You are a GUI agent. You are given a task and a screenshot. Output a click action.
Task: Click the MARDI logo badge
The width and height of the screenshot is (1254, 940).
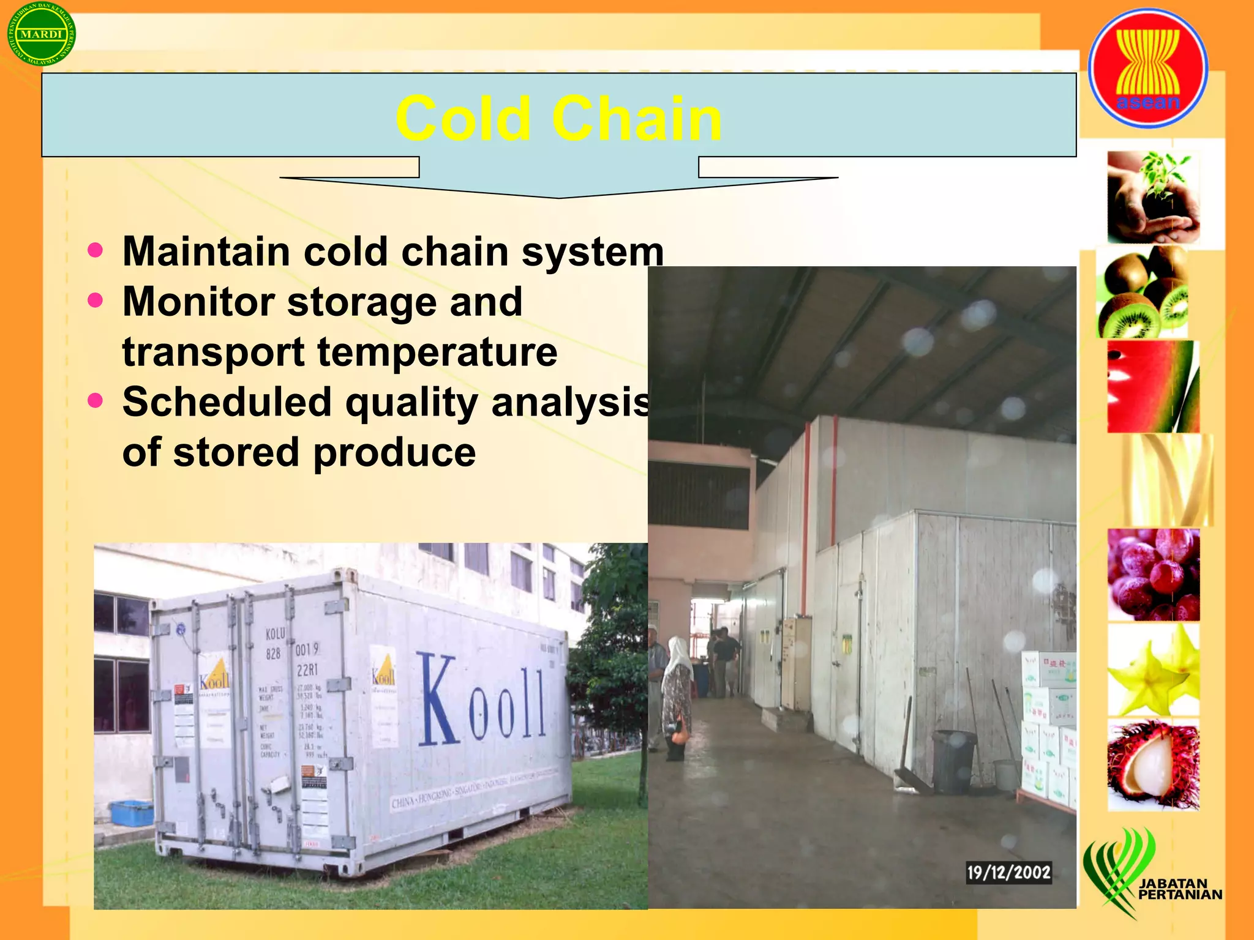42,34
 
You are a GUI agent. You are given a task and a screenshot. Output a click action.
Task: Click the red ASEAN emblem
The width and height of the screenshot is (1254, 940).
1148,67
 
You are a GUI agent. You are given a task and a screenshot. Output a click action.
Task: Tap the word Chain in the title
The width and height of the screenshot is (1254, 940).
637,119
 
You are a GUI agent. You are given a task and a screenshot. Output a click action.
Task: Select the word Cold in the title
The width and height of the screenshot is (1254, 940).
463,119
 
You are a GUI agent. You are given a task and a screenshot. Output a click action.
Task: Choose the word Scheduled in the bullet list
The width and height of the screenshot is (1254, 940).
227,403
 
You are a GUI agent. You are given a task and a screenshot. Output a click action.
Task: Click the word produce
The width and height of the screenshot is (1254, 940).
395,453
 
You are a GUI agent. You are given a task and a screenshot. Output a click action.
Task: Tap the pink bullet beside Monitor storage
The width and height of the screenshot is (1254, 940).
96,300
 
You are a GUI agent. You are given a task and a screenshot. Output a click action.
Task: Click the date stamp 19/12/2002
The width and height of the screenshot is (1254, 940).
1008,872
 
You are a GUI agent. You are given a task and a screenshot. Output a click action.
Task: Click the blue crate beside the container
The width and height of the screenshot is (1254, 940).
131,811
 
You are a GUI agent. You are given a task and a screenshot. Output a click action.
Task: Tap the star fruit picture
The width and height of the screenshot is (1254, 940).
1153,670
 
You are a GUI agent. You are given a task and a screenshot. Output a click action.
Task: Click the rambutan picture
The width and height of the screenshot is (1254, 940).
1153,765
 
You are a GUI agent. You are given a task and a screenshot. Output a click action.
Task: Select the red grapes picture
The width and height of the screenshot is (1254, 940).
1153,575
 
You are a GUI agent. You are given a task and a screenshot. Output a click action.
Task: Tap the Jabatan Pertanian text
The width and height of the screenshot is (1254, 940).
1179,889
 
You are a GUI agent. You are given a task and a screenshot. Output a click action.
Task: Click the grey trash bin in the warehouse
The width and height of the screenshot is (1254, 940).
953,761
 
